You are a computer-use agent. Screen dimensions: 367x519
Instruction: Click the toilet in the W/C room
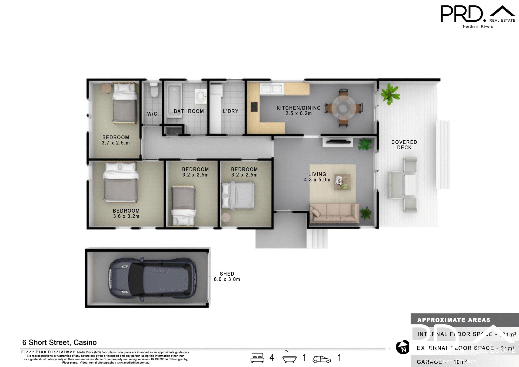click(154, 90)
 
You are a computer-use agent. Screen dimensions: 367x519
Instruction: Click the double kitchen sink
click(272, 89)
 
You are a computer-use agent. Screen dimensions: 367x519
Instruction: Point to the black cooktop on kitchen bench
click(254, 107)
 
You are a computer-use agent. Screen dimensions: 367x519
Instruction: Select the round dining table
click(343, 108)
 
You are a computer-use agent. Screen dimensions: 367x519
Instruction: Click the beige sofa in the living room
click(334, 213)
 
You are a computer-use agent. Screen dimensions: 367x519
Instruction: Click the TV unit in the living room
click(338, 142)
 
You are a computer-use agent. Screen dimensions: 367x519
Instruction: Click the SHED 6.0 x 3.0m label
click(227, 277)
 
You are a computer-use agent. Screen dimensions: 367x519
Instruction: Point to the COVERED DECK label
click(404, 145)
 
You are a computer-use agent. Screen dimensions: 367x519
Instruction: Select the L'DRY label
click(231, 111)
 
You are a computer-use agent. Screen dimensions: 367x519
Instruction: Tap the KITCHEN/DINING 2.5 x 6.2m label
click(298, 111)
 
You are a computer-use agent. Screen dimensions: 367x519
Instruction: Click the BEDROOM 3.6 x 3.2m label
click(126, 213)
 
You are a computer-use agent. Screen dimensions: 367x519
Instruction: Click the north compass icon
click(402, 347)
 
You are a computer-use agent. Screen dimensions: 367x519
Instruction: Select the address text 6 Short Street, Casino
click(59, 342)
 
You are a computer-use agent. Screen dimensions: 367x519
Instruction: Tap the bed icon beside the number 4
click(257, 358)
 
